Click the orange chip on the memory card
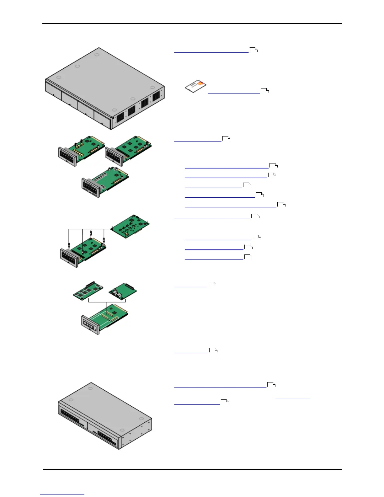(x=200, y=84)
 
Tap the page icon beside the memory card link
(x=265, y=91)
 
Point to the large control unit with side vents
(x=104, y=88)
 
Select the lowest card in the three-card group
(x=105, y=182)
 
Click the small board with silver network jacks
(x=123, y=292)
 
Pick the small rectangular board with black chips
(x=88, y=291)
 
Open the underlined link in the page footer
(x=62, y=494)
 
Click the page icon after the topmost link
(x=253, y=50)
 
